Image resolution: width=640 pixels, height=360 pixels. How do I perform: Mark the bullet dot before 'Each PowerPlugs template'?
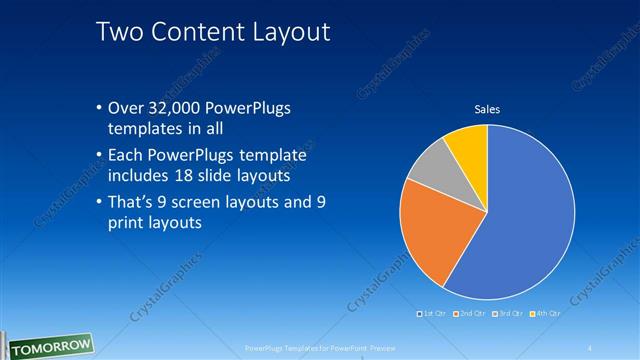tap(99, 155)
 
